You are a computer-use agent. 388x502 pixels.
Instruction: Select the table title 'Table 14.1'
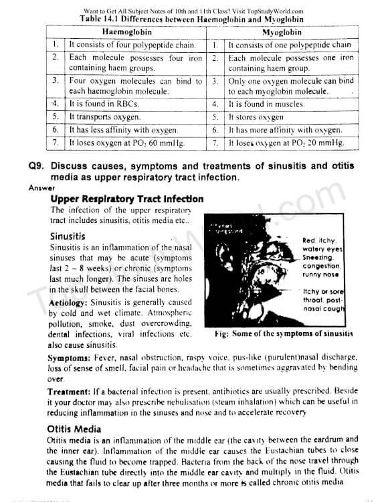[101, 19]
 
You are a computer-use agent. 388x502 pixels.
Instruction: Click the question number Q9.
[37, 166]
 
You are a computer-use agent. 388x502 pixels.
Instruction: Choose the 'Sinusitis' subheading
[68, 236]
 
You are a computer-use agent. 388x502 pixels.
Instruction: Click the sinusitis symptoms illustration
[254, 273]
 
